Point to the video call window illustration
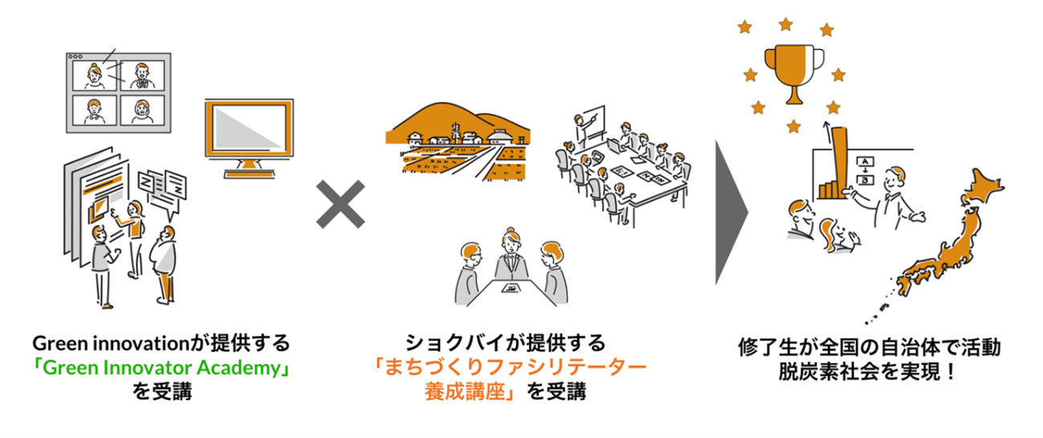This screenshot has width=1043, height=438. point(119,90)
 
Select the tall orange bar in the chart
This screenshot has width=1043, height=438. point(840,160)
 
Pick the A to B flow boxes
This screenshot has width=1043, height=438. point(866,170)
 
